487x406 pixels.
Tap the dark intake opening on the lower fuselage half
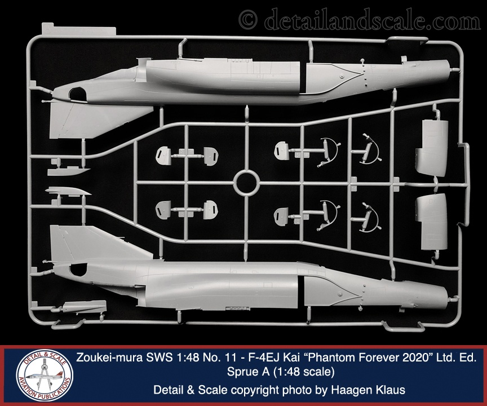click(78, 270)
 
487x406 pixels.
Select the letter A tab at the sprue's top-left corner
click(78, 29)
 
